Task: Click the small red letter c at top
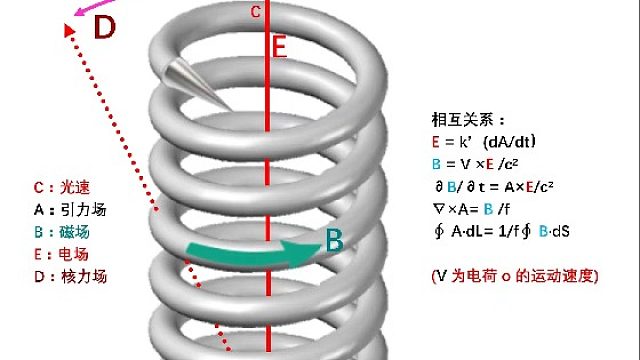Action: (x=256, y=12)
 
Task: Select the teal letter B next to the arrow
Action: (x=335, y=240)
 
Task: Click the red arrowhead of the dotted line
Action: (x=67, y=32)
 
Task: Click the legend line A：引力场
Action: (x=69, y=210)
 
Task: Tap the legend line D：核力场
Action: (x=69, y=276)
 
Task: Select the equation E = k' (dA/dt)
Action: (x=486, y=141)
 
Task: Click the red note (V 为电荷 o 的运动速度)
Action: (x=510, y=274)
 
